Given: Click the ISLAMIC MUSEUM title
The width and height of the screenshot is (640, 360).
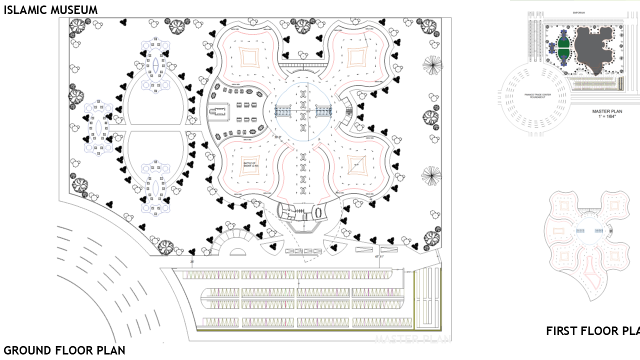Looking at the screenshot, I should click(50, 9).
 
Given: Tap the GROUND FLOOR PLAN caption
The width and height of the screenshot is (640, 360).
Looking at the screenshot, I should click(64, 350).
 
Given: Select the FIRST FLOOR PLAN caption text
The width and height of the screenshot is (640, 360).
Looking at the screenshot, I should click(592, 331).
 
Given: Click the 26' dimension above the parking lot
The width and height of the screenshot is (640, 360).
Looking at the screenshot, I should click(192, 262).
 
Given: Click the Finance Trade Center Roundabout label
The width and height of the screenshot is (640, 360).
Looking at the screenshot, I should click(534, 96).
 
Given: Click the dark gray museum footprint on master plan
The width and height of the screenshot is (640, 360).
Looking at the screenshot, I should click(593, 50).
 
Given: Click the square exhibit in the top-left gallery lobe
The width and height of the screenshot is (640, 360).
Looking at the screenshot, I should click(250, 56).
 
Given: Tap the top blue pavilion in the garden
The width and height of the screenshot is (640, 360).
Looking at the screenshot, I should click(155, 65).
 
